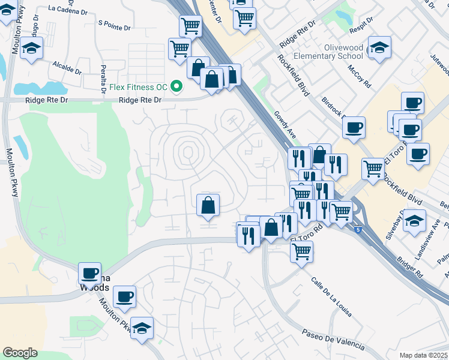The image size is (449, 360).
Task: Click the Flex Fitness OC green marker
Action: click(176, 88)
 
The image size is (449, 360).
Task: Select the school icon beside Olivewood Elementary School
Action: click(379, 48)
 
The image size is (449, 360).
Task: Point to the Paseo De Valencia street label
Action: click(333, 339)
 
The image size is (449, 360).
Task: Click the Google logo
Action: click(20, 353)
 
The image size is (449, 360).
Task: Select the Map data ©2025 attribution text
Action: click(424, 355)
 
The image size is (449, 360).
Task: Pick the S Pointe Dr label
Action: click(114, 24)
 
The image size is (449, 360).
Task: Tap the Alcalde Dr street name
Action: click(67, 67)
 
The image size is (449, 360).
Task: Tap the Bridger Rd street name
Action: click(409, 266)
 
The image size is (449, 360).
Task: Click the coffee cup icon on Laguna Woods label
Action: click(90, 273)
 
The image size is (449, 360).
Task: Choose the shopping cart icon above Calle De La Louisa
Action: click(301, 251)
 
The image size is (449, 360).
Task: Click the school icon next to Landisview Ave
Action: click(414, 220)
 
